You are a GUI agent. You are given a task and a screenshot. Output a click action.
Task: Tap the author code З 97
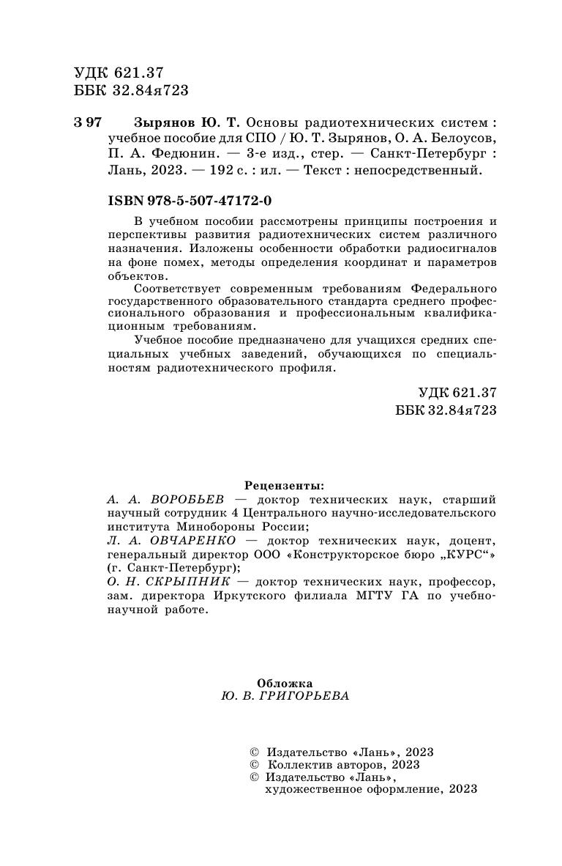(x=88, y=122)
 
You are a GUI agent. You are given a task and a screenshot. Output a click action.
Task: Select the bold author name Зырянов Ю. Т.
(x=187, y=122)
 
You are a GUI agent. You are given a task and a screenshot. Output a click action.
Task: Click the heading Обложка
(x=285, y=682)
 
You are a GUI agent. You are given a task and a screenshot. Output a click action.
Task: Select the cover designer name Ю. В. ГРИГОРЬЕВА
(x=285, y=697)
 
